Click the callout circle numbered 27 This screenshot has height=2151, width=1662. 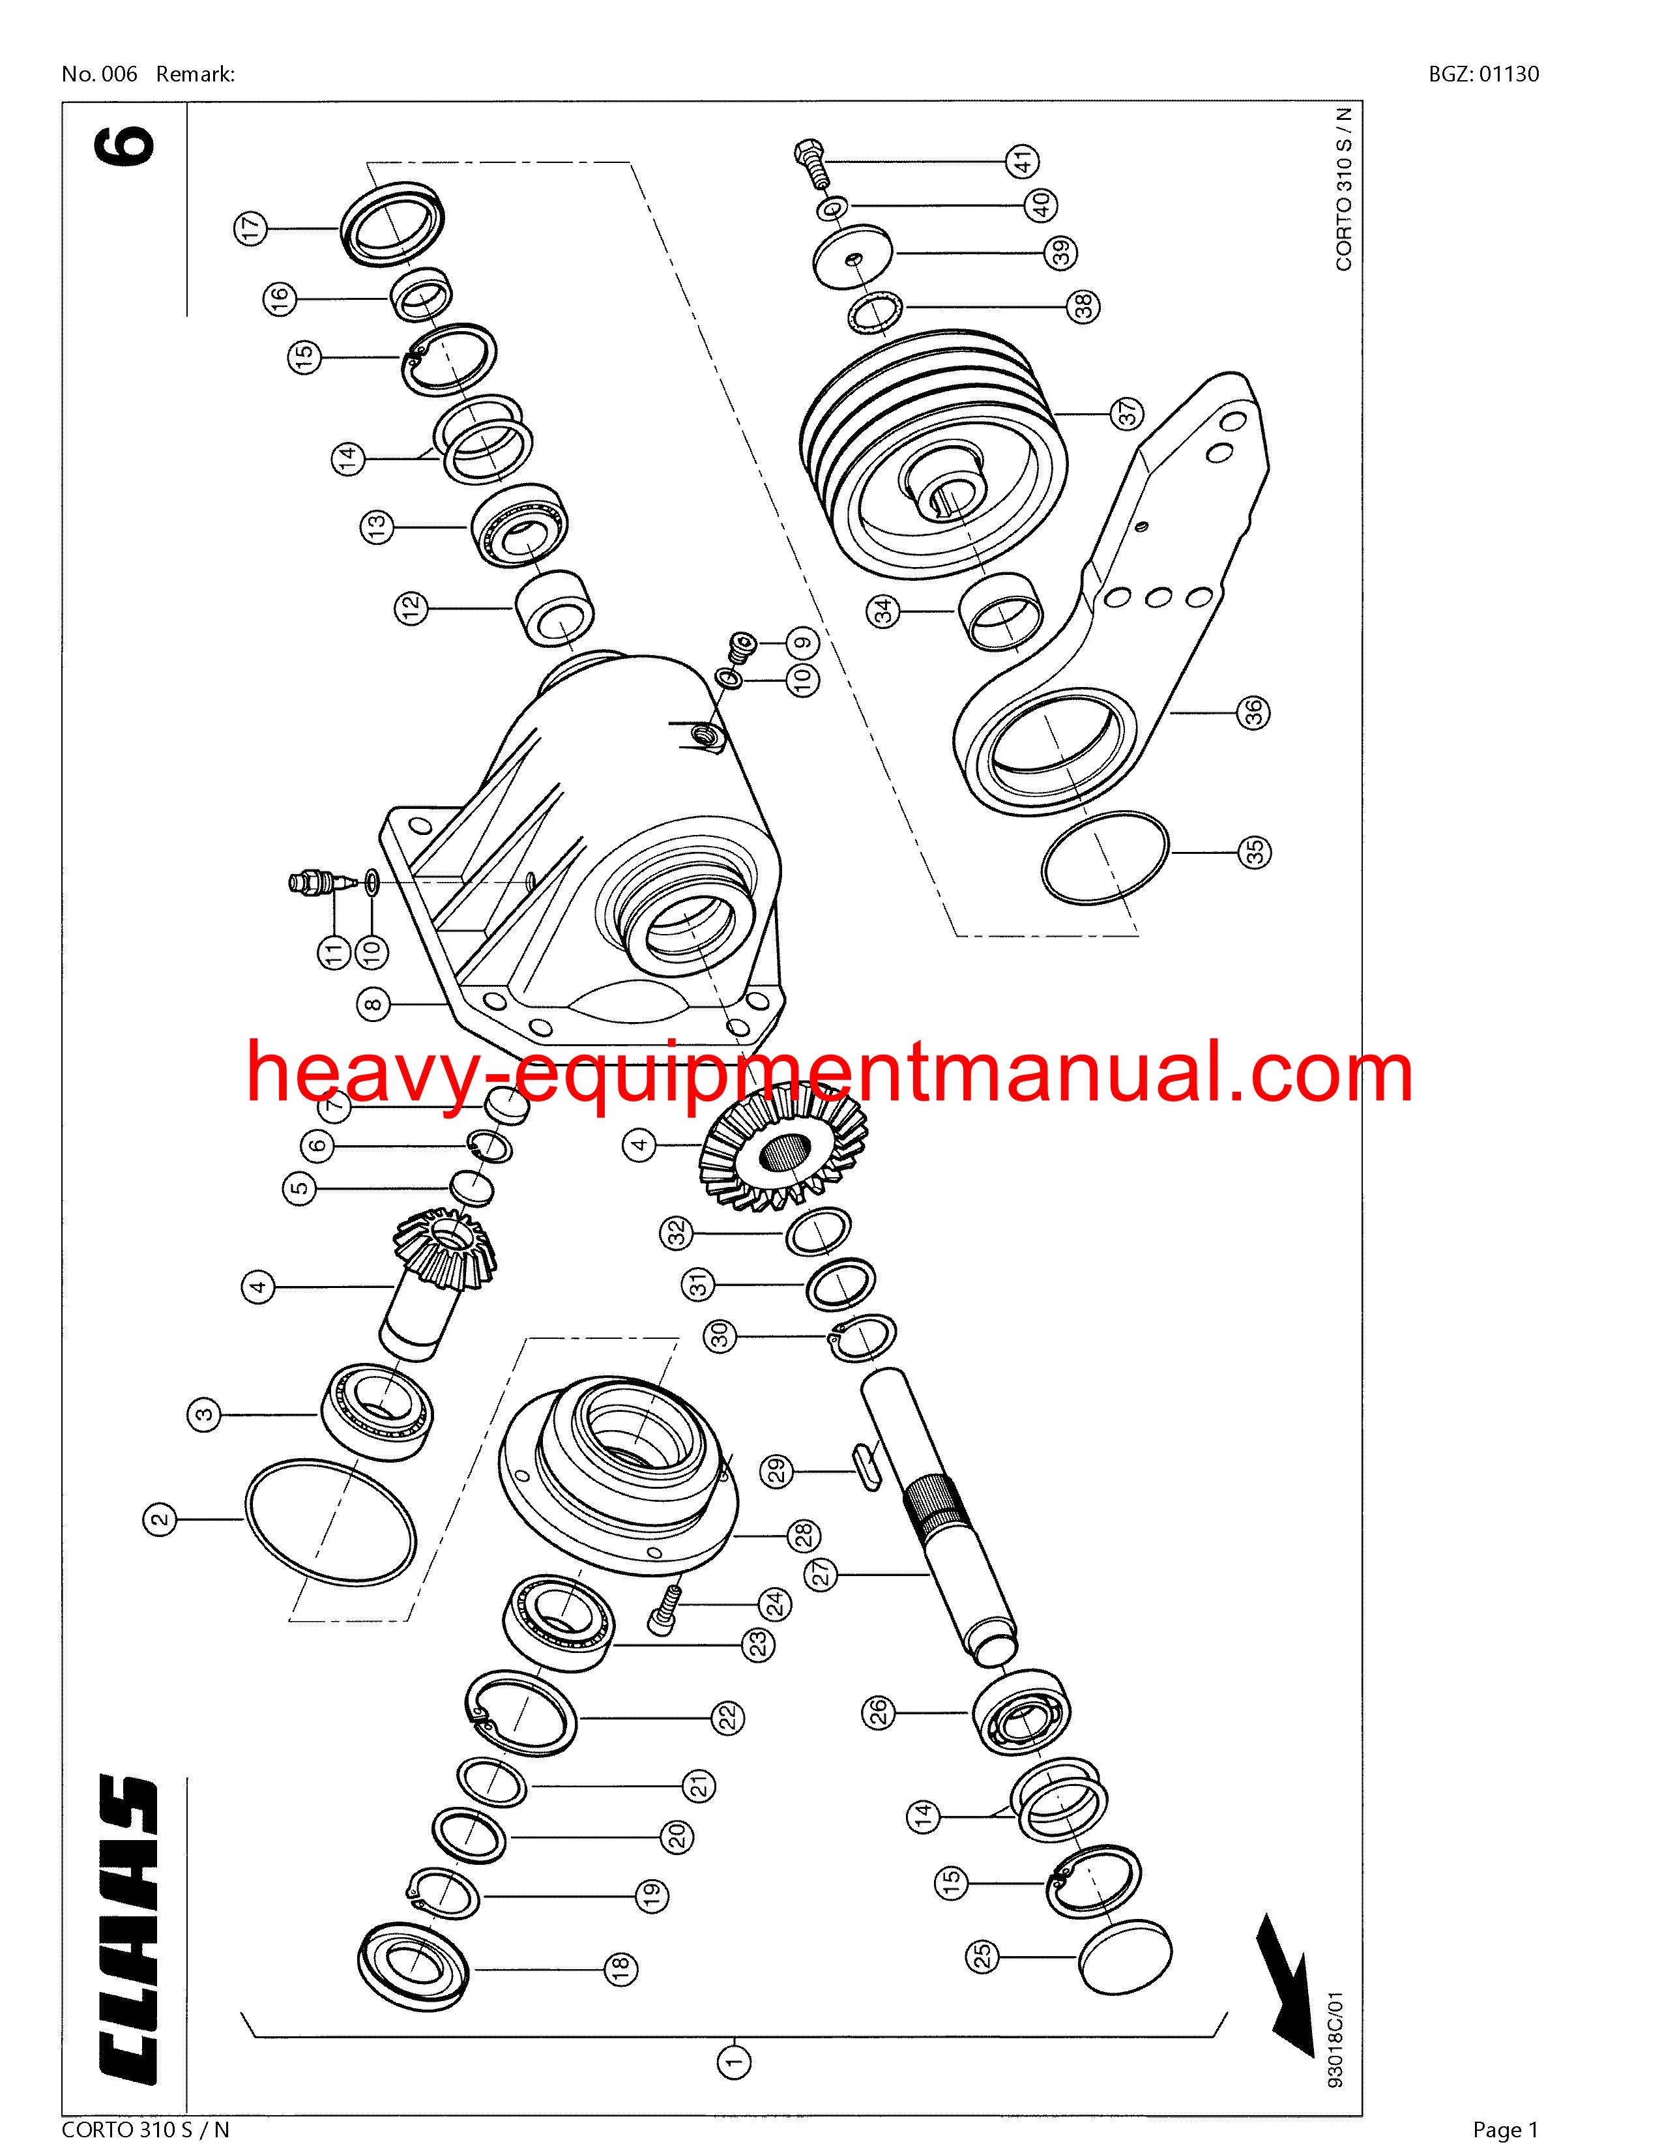click(x=822, y=1574)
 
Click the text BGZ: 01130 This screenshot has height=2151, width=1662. click(x=1484, y=74)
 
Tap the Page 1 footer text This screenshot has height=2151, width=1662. click(x=1504, y=2130)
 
